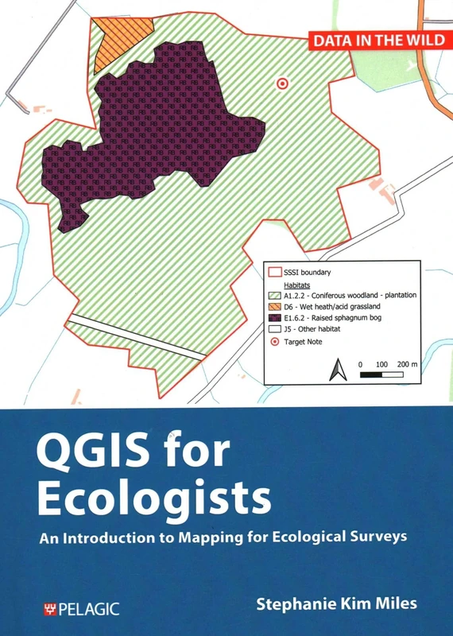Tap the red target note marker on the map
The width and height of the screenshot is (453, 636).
(x=281, y=83)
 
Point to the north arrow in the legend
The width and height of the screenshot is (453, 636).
(x=336, y=368)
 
